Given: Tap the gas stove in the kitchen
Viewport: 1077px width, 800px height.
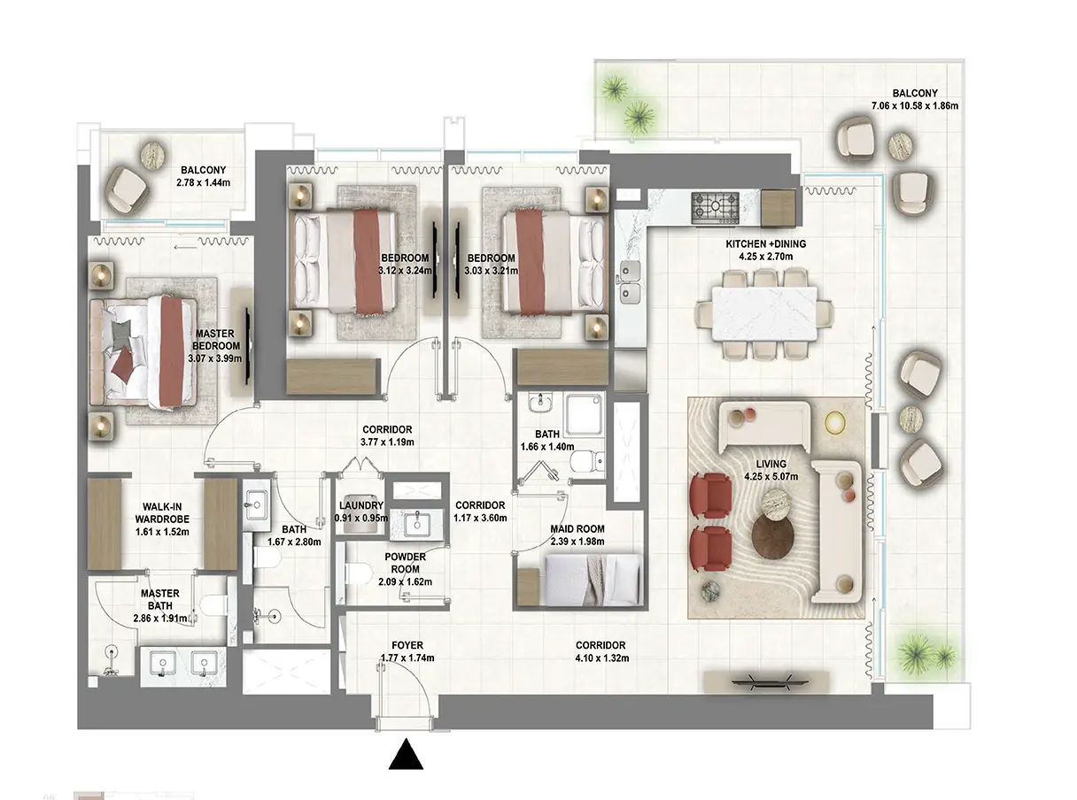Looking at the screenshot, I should [714, 208].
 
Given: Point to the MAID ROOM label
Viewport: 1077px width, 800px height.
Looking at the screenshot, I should [577, 529].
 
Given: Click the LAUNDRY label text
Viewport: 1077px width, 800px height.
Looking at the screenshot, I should [361, 506].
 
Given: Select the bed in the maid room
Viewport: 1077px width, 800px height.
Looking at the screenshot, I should [593, 580].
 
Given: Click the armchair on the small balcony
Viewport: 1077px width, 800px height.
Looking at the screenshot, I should [128, 187].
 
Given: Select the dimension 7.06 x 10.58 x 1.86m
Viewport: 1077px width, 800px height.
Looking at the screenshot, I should [915, 105].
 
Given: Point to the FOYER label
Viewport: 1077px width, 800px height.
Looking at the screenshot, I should [407, 645].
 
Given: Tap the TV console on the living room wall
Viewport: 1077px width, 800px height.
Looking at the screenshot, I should [767, 681].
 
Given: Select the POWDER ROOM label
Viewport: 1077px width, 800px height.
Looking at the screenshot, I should [406, 563].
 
